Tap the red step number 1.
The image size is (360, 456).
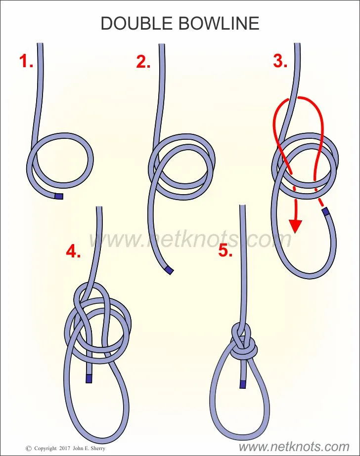[x=26, y=61]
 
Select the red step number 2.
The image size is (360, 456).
[x=143, y=61]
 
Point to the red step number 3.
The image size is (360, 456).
[x=280, y=61]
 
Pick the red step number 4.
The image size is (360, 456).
[x=73, y=251]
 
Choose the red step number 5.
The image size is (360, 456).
[x=226, y=250]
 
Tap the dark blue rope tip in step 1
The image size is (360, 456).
[x=59, y=196]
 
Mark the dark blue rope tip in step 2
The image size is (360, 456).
[x=169, y=270]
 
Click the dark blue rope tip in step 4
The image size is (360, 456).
[x=89, y=378]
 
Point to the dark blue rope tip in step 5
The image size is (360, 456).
[x=243, y=384]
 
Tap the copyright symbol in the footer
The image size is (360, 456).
[x=29, y=449]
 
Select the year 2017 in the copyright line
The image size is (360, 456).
[x=65, y=449]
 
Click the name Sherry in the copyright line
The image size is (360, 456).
[x=98, y=449]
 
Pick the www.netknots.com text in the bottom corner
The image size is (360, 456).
[x=294, y=447]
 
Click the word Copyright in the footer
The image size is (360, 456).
[x=45, y=449]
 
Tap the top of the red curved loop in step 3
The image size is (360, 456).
[x=301, y=97]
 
